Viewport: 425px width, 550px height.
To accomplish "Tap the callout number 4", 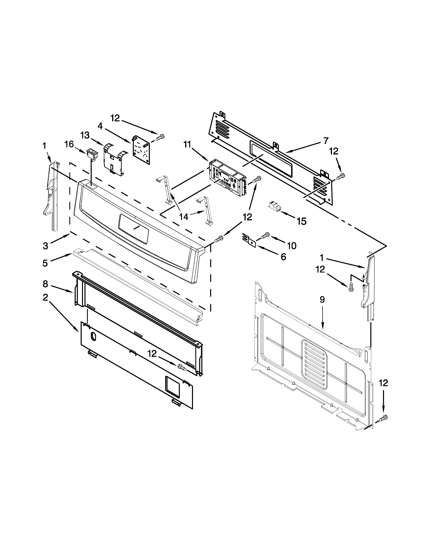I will [100, 126].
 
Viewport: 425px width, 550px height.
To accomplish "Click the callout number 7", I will [326, 140].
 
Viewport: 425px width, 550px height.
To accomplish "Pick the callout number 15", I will [301, 221].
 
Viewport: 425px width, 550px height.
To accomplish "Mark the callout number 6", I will [283, 257].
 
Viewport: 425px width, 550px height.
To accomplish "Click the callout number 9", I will [322, 300].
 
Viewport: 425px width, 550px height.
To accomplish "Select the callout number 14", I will [184, 216].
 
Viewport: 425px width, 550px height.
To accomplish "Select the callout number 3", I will [45, 246].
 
